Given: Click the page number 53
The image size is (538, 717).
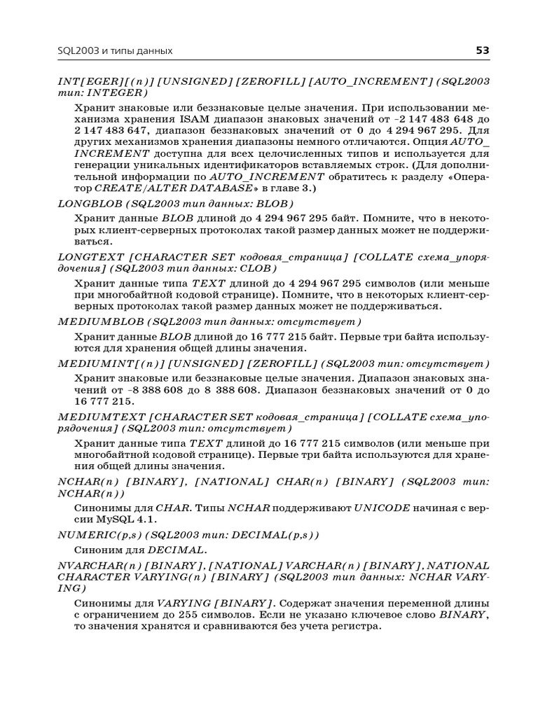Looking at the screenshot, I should pyautogui.click(x=483, y=50).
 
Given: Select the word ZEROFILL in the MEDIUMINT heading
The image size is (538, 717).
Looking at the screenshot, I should pyautogui.click(x=280, y=363).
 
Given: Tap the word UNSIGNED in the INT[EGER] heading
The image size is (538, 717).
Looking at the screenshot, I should pyautogui.click(x=195, y=81).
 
